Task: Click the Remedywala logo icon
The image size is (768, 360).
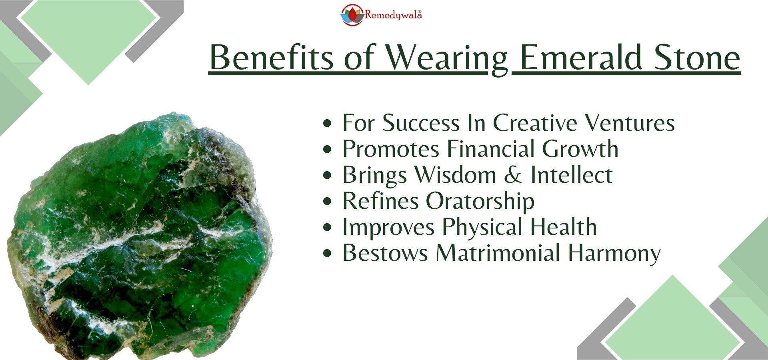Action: click(352, 15)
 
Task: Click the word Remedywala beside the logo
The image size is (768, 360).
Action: click(393, 15)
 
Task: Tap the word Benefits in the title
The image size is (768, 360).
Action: click(272, 57)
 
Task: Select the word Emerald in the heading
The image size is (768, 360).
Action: click(580, 57)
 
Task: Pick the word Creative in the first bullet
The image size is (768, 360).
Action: click(535, 122)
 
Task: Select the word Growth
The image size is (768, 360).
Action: click(580, 149)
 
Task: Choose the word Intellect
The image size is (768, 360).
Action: click(571, 175)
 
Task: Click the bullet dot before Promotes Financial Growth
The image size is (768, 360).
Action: click(327, 150)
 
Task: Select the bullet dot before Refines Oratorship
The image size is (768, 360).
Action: click(327, 202)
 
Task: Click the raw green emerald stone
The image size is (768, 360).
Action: click(140, 236)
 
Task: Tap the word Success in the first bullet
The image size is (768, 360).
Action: click(421, 122)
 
